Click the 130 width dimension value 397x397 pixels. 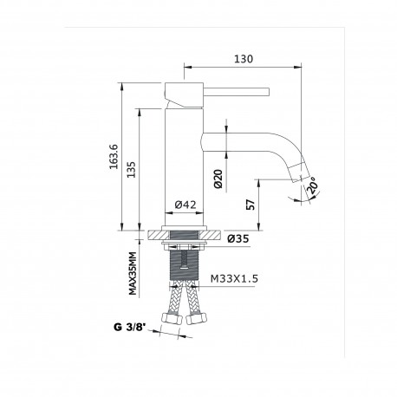click(x=244, y=59)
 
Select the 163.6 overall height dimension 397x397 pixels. click(x=114, y=156)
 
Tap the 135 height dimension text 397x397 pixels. click(x=131, y=169)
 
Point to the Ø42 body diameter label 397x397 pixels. click(x=185, y=205)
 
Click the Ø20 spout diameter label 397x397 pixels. click(x=218, y=179)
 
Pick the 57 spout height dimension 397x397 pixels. click(x=251, y=205)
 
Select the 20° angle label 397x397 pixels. click(x=313, y=186)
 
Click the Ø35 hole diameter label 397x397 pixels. click(x=238, y=238)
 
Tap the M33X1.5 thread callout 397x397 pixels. click(x=234, y=279)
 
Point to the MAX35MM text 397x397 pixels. click(x=133, y=273)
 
